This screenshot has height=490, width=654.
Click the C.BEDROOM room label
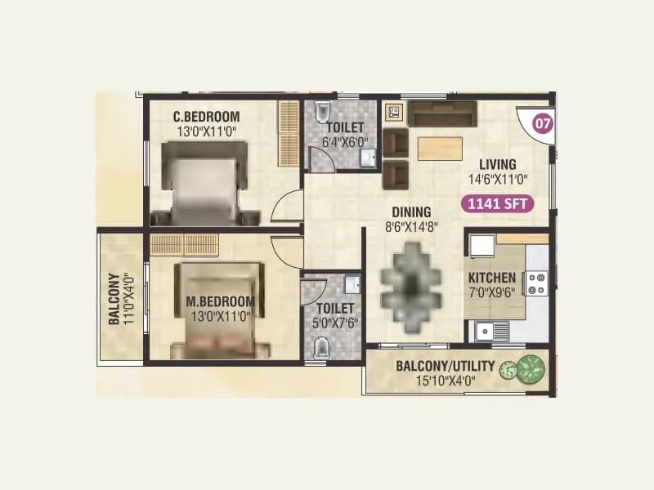click(x=205, y=116)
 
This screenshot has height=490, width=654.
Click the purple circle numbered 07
click(x=540, y=124)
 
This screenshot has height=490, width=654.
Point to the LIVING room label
click(x=497, y=163)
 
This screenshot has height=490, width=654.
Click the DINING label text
click(x=410, y=212)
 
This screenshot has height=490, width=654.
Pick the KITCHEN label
click(x=491, y=278)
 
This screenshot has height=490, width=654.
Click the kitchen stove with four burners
click(x=535, y=283)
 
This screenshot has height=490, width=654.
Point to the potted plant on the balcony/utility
click(x=524, y=370)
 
